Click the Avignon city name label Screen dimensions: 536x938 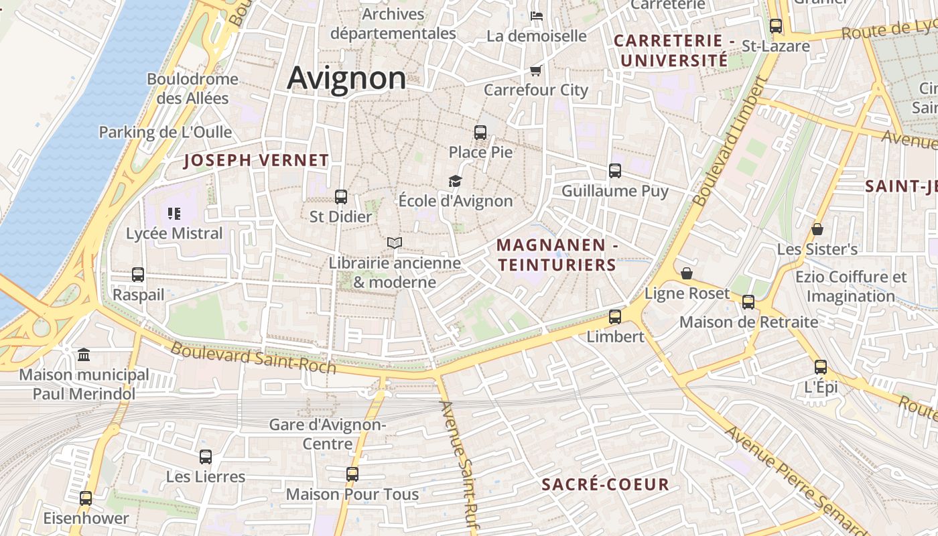coord(346,78)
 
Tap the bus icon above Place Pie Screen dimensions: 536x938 coord(480,132)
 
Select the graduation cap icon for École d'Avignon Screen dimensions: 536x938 coord(456,181)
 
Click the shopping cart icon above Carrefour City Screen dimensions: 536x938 coord(535,70)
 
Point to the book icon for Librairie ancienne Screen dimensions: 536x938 coord(395,243)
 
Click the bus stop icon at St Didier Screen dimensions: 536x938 coord(341,197)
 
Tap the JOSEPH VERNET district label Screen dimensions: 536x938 coord(257,160)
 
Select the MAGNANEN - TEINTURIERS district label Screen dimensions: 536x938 coord(557,255)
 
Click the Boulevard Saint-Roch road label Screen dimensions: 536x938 coord(253,358)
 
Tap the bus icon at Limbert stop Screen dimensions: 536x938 coord(615,316)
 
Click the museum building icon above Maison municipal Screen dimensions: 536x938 coord(84,354)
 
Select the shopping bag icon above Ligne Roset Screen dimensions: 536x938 coord(687,273)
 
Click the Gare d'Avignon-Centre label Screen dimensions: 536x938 coord(328,434)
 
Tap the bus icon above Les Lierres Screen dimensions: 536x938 coord(206,457)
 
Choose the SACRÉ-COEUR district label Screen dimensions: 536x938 coord(605,484)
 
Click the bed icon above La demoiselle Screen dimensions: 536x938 coord(537,16)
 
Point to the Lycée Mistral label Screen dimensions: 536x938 coord(174,233)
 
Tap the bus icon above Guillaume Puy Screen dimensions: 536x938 coord(615,171)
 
